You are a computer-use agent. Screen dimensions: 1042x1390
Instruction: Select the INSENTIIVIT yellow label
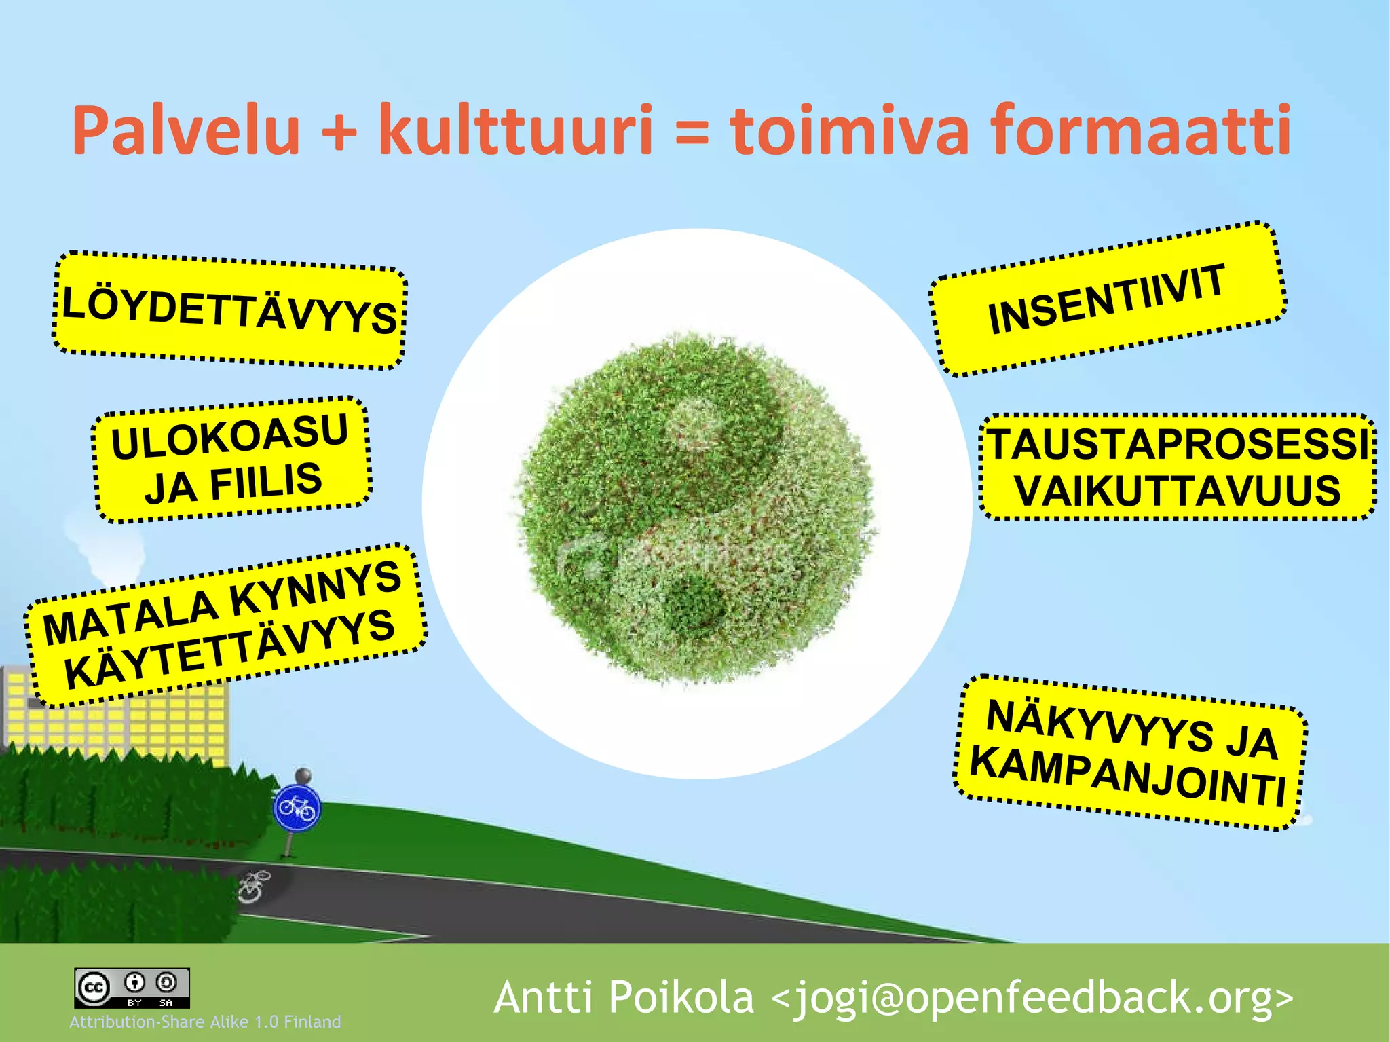pyautogui.click(x=1107, y=299)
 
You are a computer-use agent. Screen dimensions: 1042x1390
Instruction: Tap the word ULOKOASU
pyautogui.click(x=230, y=436)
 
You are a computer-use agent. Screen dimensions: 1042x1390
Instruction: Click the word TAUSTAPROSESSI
pyautogui.click(x=1178, y=444)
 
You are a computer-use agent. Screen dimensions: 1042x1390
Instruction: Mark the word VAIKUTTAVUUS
pyautogui.click(x=1178, y=490)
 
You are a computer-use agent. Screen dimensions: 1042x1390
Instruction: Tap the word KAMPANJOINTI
pyautogui.click(x=1127, y=776)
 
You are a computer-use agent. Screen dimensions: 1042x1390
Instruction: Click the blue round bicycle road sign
pyautogui.click(x=297, y=808)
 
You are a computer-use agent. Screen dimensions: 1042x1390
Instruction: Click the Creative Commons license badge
pyautogui.click(x=132, y=988)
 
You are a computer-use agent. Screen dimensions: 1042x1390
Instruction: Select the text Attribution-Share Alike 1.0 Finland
pyautogui.click(x=205, y=1022)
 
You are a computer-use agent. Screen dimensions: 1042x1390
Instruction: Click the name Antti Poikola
pyautogui.click(x=624, y=997)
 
